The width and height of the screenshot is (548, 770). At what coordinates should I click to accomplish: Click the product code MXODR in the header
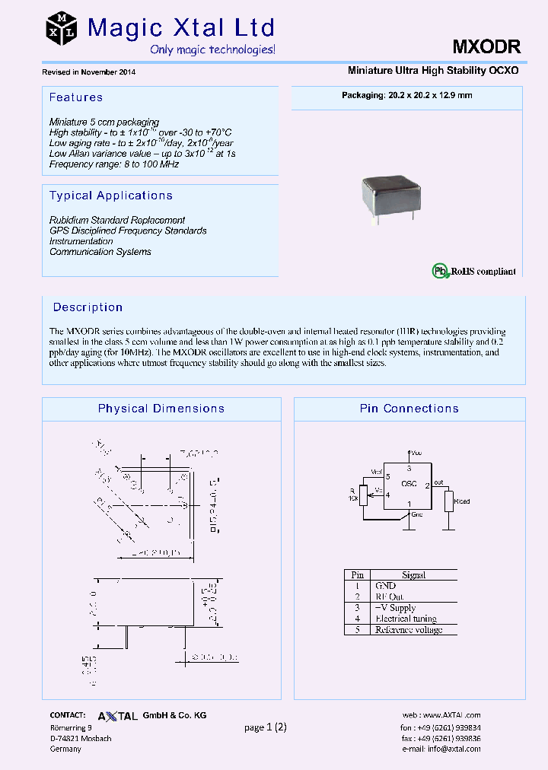[x=486, y=46]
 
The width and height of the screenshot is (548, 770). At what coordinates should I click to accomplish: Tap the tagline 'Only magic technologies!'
[x=212, y=49]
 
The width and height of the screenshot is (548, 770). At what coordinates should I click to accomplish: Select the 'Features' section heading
[x=75, y=97]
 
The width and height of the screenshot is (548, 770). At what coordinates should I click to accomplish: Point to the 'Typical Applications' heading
[x=110, y=196]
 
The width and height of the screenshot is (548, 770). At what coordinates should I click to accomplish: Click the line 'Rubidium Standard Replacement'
[x=117, y=220]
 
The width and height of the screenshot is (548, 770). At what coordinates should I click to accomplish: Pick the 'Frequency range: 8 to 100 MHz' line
[x=113, y=164]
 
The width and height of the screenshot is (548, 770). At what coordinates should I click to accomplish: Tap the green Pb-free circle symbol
[x=439, y=270]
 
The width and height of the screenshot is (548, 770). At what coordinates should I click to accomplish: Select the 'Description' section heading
[x=88, y=307]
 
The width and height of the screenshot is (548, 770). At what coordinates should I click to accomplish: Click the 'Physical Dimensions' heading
[x=161, y=409]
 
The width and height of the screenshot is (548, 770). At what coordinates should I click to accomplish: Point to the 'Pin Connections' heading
[x=409, y=409]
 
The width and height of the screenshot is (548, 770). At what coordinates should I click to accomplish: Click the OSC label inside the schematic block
[x=409, y=483]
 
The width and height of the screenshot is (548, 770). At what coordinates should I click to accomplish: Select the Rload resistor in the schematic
[x=449, y=501]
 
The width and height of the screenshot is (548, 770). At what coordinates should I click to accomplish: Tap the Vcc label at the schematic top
[x=416, y=452]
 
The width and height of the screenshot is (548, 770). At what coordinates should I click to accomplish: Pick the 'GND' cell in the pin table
[x=385, y=586]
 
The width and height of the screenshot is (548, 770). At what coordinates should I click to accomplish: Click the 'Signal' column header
[x=413, y=575]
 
